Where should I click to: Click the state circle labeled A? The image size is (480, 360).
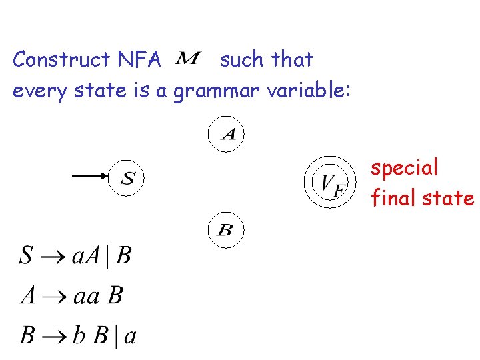[x=227, y=135]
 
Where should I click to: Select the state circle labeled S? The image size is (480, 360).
[x=127, y=178]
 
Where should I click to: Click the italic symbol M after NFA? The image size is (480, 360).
[x=187, y=60]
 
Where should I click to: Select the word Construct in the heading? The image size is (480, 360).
[x=61, y=60]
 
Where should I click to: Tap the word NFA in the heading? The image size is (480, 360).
[x=139, y=60]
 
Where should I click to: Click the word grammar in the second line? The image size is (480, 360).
[x=216, y=90]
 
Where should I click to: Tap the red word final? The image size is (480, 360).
[x=390, y=198]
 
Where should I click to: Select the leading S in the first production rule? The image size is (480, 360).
[x=26, y=256]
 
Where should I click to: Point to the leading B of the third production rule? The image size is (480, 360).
[x=27, y=335]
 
